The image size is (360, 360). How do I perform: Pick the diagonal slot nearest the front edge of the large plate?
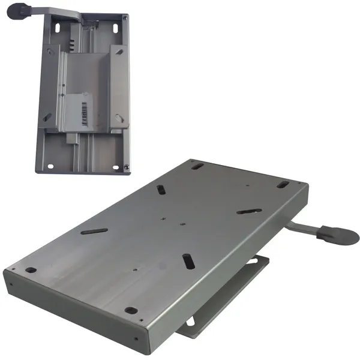(x=187, y=262)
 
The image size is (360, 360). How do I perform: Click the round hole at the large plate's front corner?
(x=130, y=310)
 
